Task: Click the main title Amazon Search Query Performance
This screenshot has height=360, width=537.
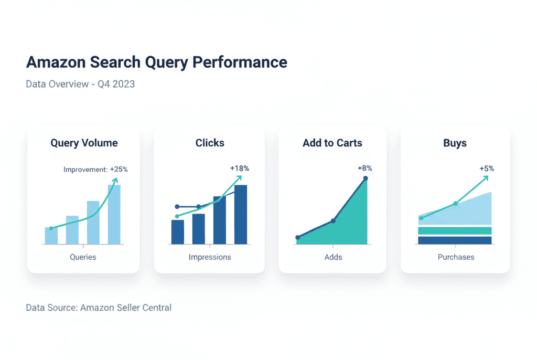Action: (x=156, y=62)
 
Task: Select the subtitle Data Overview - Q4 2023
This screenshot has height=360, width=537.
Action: (x=80, y=84)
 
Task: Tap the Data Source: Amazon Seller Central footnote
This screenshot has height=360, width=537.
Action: (x=99, y=308)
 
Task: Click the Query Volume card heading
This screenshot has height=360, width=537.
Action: (x=84, y=143)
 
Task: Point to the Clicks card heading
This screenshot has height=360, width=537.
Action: (x=210, y=143)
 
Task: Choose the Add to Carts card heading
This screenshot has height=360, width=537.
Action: (x=332, y=143)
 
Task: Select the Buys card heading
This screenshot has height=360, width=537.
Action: (x=455, y=143)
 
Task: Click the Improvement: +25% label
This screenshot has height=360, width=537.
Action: (x=95, y=170)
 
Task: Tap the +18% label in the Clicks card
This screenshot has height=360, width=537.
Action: (x=240, y=168)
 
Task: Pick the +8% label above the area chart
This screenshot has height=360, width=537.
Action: (x=364, y=168)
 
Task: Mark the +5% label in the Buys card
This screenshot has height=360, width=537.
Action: (x=487, y=168)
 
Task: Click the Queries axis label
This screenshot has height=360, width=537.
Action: (x=83, y=257)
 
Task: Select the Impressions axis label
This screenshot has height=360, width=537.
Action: (x=210, y=257)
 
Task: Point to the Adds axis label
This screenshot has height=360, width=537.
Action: (x=333, y=257)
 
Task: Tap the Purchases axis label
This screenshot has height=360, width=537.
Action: (x=456, y=257)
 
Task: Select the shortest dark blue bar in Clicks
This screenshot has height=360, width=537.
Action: (x=178, y=232)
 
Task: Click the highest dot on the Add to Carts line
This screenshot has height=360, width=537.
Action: (x=366, y=178)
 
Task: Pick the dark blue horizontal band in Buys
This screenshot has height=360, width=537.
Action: (x=455, y=240)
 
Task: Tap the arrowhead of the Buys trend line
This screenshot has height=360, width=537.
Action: (x=486, y=177)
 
